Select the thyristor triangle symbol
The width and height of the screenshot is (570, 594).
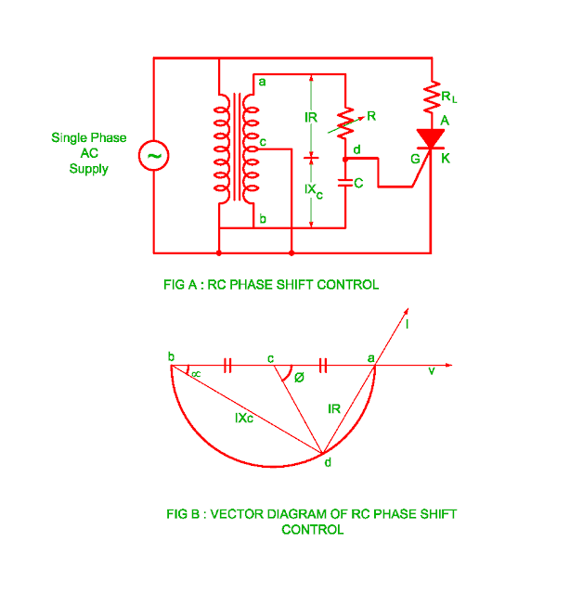430,139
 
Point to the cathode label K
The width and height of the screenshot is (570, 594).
447,158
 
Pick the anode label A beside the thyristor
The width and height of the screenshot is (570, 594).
446,121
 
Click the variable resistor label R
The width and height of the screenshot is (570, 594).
370,117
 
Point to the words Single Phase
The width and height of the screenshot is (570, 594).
89,138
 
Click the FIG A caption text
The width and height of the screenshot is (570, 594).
271,285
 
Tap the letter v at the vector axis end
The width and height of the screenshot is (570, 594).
432,371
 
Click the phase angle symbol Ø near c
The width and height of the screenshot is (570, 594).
297,379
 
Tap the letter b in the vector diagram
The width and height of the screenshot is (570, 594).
171,357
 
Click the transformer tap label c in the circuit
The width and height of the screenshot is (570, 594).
264,142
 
